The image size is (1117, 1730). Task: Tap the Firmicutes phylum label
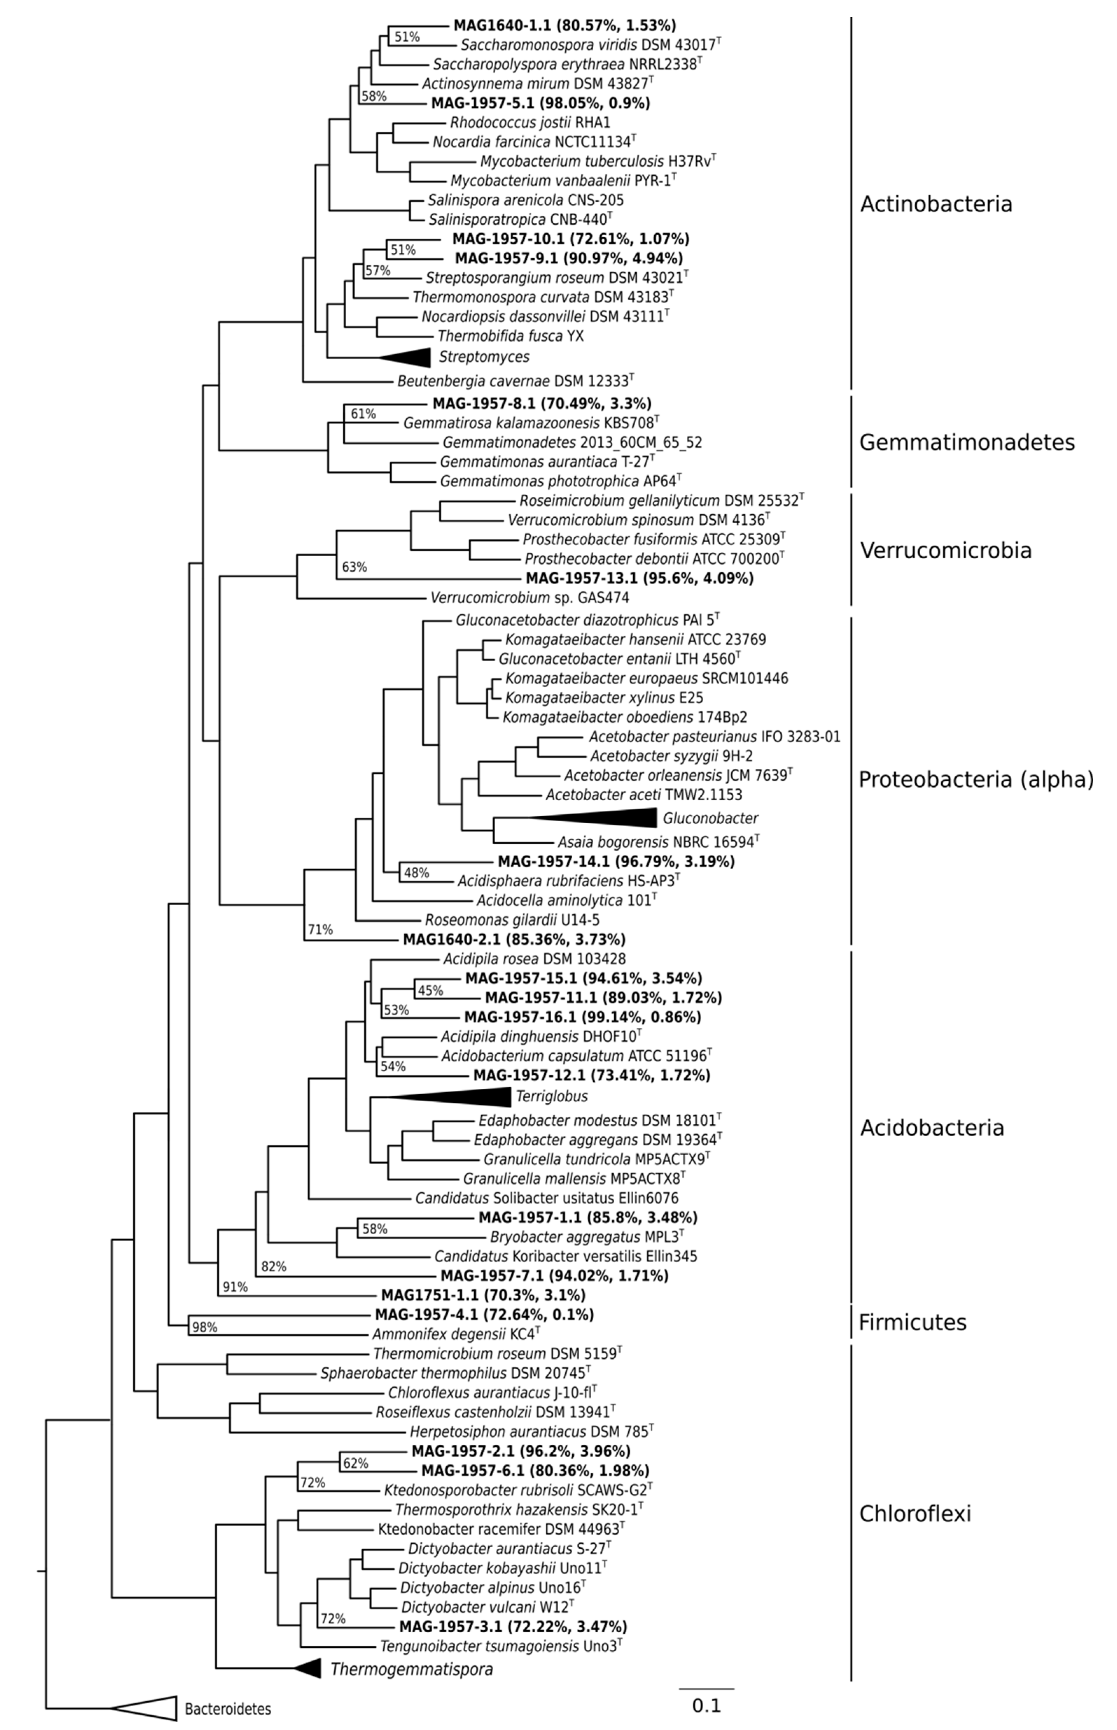click(x=913, y=1322)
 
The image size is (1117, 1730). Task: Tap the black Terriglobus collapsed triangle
click(x=464, y=1096)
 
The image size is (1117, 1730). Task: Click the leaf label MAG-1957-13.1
click(x=639, y=578)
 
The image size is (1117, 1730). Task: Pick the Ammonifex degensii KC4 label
click(x=456, y=1333)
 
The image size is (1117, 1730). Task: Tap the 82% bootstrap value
click(x=273, y=1267)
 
